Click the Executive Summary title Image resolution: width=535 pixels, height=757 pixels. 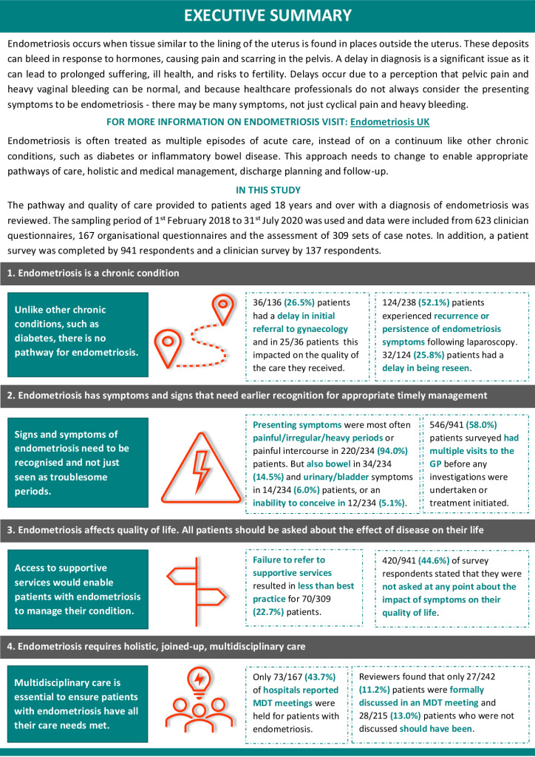pos(267,15)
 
